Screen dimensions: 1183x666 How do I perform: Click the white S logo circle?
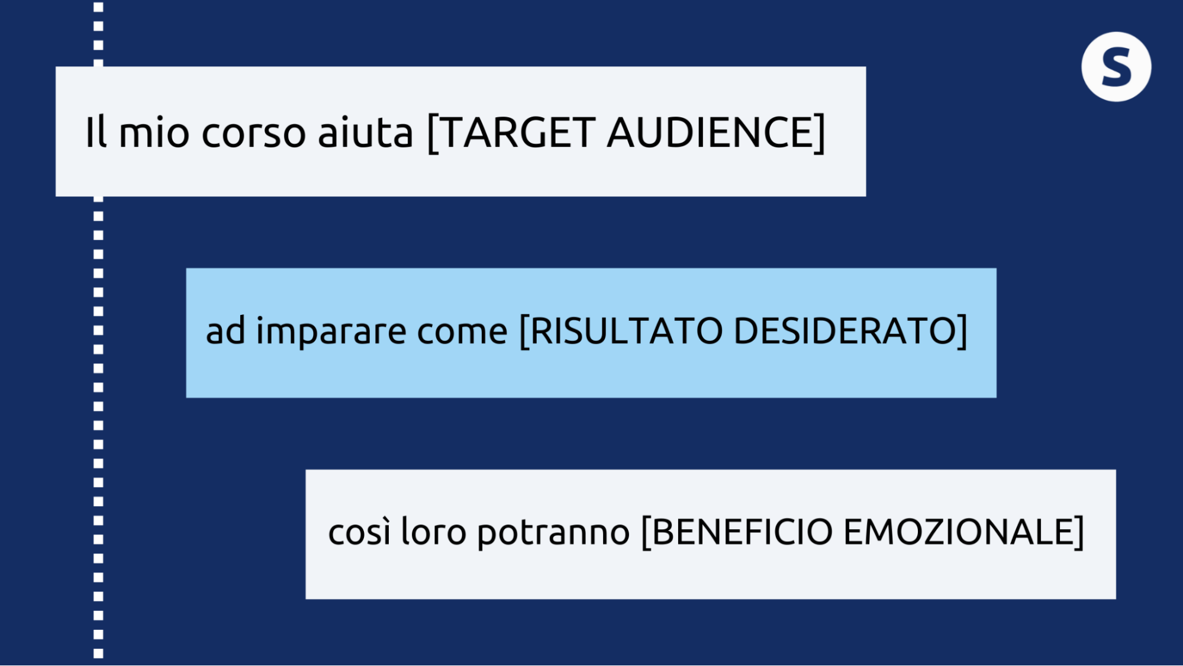[1116, 67]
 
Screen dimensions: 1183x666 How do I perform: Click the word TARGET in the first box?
[518, 132]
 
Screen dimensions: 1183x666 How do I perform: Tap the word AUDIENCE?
[710, 132]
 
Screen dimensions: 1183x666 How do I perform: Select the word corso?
[254, 133]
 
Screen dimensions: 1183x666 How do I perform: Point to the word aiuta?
[365, 131]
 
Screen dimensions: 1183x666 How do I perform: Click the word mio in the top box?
[154, 131]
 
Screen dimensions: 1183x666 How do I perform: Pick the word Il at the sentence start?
[96, 131]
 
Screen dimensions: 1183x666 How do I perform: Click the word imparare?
[331, 330]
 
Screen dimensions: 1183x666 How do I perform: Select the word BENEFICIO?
[742, 531]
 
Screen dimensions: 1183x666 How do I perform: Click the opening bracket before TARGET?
[433, 133]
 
